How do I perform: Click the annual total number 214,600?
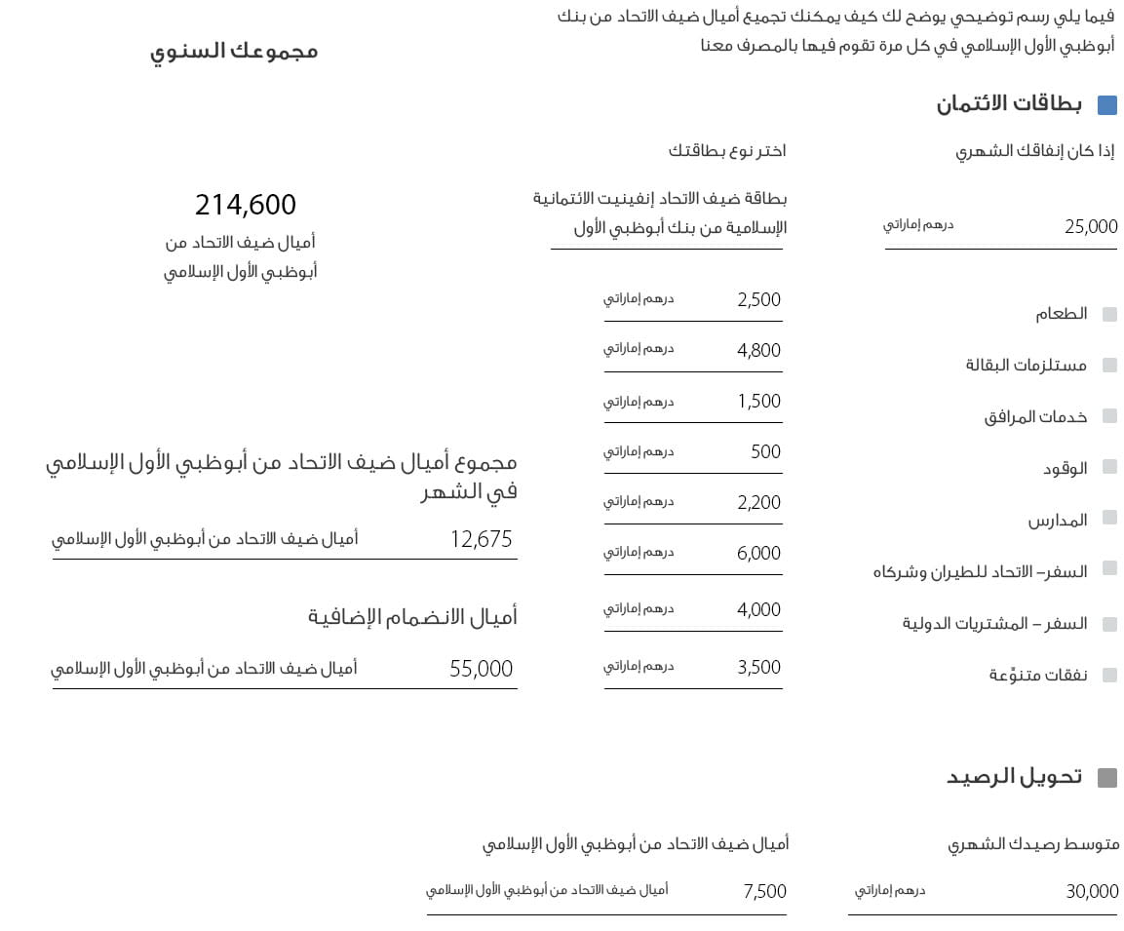click(245, 205)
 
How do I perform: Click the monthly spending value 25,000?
click(1091, 227)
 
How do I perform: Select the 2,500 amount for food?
click(758, 300)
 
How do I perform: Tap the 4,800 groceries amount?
click(758, 351)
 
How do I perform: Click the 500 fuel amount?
click(765, 452)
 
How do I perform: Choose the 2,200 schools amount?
click(758, 503)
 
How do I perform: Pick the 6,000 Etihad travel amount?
click(758, 554)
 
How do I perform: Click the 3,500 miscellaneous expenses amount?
click(758, 668)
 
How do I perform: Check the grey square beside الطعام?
click(1109, 314)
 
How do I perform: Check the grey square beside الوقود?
click(1109, 467)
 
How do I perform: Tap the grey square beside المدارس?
click(1109, 519)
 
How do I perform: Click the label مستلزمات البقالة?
click(1026, 366)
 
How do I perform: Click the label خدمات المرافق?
click(1035, 416)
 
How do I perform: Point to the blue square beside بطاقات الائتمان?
click(1107, 105)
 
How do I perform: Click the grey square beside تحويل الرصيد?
click(1107, 778)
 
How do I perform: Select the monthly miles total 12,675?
click(481, 539)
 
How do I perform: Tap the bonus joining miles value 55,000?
click(481, 669)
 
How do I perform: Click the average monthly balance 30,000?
click(1092, 891)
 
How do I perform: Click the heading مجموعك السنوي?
click(234, 51)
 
